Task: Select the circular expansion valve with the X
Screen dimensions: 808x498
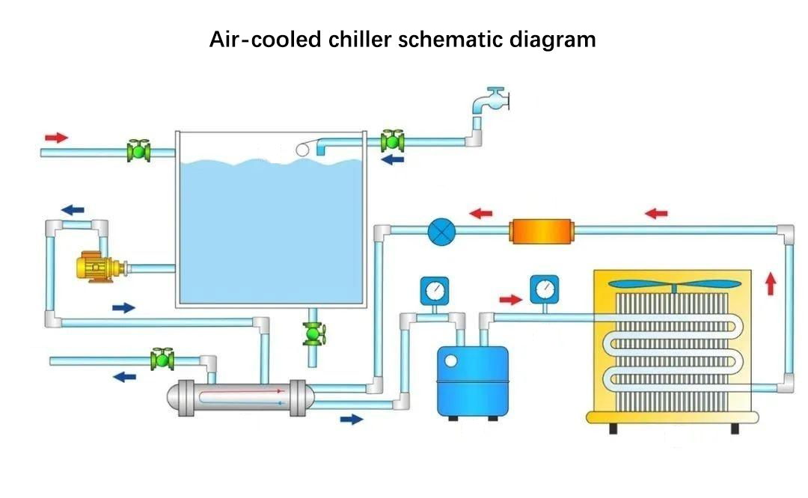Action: pos(441,232)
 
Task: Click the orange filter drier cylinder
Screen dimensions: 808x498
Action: pos(541,232)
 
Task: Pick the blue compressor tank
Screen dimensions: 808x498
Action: pos(473,381)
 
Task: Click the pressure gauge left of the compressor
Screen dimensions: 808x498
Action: pos(435,291)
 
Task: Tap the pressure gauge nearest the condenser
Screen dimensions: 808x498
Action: pos(544,289)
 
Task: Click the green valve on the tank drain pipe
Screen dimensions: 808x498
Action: pos(313,333)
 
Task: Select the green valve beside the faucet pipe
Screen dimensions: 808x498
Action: pos(392,141)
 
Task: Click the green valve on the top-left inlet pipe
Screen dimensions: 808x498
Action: pos(138,151)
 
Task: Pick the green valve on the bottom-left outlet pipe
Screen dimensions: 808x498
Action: pos(162,360)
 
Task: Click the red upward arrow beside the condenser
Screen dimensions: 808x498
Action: pos(771,283)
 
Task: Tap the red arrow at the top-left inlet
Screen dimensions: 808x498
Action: pos(56,138)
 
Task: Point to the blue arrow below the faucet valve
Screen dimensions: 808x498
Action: pos(393,160)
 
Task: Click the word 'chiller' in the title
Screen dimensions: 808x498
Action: pos(360,40)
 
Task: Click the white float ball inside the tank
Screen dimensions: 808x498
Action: pos(302,150)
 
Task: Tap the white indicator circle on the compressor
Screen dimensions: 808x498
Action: pos(451,361)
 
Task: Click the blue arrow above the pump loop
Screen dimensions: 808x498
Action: pos(73,209)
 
